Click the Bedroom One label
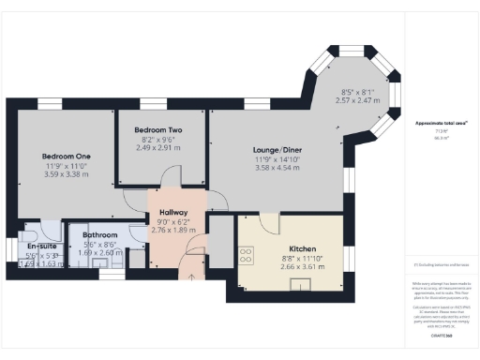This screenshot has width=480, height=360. click(x=66, y=156)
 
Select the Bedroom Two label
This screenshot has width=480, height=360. click(x=156, y=129)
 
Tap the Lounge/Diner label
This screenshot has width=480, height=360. click(x=277, y=150)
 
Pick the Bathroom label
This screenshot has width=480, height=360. click(x=99, y=234)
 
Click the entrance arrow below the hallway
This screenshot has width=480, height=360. click(x=191, y=275)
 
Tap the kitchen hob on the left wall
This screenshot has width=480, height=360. click(x=247, y=252)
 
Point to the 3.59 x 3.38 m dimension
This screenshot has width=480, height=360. click(x=66, y=173)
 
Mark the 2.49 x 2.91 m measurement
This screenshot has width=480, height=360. click(x=156, y=147)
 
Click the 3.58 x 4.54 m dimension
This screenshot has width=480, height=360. click(x=277, y=168)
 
